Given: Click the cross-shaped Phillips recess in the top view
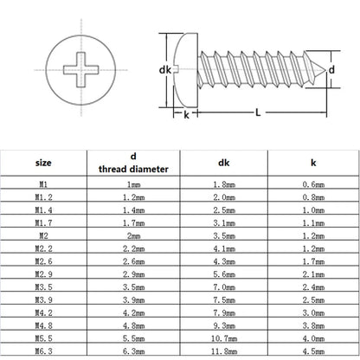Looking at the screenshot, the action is click(81, 70).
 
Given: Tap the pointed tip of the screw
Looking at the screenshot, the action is click(326, 69).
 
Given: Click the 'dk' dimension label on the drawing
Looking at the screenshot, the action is click(165, 69).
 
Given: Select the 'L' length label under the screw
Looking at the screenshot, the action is click(258, 112).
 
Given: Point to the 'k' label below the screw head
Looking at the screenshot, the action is click(186, 115).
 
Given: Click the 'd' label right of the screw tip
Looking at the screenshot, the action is click(331, 69).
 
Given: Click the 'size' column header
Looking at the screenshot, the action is click(43, 163).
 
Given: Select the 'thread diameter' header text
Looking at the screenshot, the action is click(133, 169).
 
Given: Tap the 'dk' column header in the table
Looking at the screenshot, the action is click(224, 163).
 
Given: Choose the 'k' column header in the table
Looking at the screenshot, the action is click(313, 163).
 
